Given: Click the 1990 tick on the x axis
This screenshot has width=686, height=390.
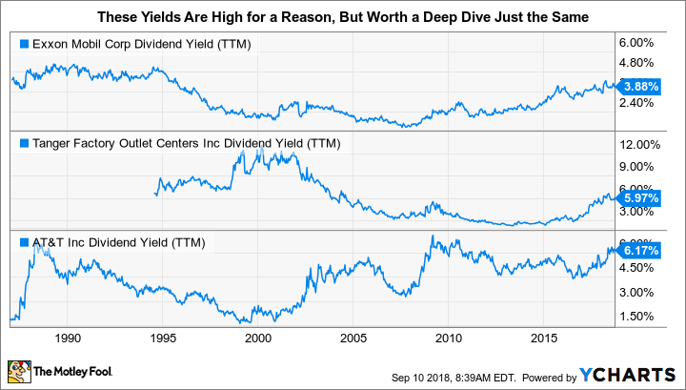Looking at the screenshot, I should pos(68,339).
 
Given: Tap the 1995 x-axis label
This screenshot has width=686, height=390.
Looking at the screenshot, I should pos(163,339).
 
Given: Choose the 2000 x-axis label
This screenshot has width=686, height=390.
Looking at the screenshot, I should pos(258,339).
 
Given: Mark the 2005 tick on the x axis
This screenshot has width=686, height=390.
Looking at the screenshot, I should pos(353,339).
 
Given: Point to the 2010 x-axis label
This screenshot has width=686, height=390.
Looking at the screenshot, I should pos(449,339).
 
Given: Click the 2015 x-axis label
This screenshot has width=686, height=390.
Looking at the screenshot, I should pos(544,339).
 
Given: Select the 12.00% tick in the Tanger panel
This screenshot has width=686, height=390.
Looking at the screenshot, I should pos(643,145).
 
